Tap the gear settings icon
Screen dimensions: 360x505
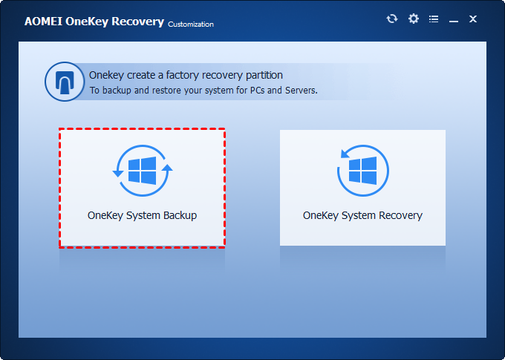(414, 19)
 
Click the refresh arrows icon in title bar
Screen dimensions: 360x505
(392, 19)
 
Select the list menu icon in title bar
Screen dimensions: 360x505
(434, 19)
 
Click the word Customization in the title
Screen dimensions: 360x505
(191, 24)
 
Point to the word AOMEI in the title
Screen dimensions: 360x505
(43, 22)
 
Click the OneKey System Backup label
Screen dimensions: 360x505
(142, 215)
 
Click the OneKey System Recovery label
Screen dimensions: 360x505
(362, 215)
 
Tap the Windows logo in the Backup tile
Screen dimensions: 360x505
(142, 170)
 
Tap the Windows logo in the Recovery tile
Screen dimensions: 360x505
(363, 170)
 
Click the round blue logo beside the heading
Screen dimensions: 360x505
(63, 82)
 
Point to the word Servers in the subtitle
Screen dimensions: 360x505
(299, 91)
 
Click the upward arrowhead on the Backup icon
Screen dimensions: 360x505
(167, 168)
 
